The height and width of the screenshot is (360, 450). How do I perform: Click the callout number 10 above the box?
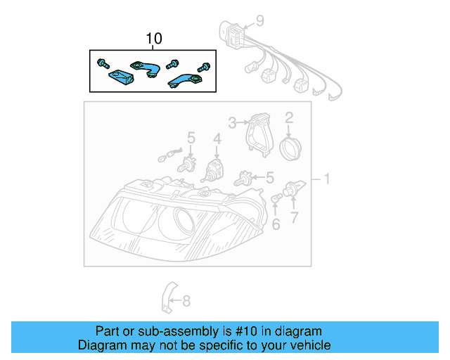(x=153, y=39)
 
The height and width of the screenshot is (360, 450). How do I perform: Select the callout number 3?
(x=231, y=122)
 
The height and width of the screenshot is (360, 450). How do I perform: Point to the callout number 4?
(x=217, y=141)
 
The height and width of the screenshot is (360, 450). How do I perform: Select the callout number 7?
(x=295, y=217)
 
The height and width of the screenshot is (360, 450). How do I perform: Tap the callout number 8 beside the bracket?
(x=186, y=302)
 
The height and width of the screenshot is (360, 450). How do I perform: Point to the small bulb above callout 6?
(x=275, y=202)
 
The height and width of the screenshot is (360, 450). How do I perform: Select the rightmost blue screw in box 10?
(x=205, y=67)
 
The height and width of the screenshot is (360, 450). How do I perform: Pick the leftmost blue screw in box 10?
(x=103, y=63)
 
